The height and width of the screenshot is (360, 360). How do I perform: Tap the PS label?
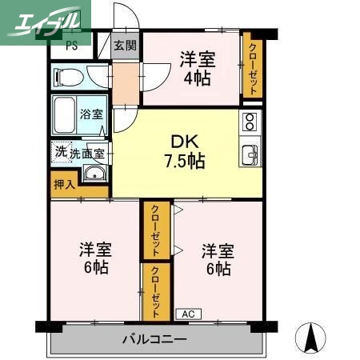(71, 45)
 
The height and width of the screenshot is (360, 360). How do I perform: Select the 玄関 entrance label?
(124, 46)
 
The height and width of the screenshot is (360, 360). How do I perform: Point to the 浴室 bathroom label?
(91, 114)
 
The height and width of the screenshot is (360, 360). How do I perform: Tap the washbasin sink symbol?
(94, 175)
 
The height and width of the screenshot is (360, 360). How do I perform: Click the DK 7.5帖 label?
(185, 150)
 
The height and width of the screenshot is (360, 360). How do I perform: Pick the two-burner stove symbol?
(250, 122)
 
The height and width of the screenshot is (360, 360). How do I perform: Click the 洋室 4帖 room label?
(197, 68)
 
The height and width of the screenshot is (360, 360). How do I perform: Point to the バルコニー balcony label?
(154, 340)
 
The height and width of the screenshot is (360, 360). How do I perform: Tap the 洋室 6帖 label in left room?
(94, 258)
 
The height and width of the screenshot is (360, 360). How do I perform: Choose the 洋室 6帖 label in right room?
(218, 258)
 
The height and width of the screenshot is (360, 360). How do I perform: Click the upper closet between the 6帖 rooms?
(155, 230)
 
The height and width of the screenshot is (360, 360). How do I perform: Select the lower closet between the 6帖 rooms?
(155, 291)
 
